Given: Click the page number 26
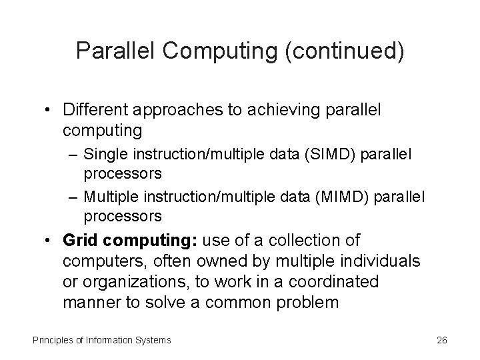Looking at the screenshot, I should coord(441,340).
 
